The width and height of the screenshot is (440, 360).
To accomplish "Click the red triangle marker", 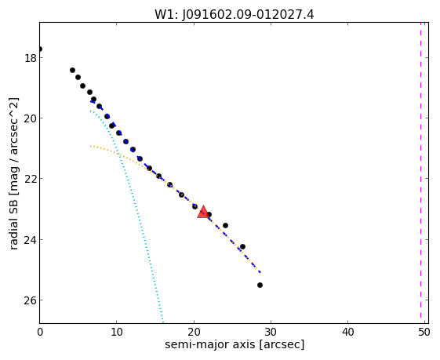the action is pos(203,212).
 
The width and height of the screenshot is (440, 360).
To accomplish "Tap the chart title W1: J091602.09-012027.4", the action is pos(235,14).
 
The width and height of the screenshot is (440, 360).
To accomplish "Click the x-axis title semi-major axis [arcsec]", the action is pos(235,344).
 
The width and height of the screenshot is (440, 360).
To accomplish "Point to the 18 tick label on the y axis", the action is pos(31,58).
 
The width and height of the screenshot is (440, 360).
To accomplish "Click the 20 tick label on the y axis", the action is pos(31,118).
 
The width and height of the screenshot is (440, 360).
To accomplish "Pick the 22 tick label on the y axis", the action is pos(31,179).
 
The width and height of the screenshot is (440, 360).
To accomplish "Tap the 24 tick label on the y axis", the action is pos(31,240).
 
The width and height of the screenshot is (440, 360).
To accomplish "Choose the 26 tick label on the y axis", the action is pos(31,300).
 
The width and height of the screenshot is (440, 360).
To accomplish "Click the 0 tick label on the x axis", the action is pos(40,333).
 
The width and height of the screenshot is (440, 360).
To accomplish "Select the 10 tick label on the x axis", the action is pos(116,333).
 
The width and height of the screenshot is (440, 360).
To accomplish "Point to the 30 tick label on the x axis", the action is pos(271,333).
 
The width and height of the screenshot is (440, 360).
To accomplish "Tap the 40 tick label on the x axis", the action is pos(347,333).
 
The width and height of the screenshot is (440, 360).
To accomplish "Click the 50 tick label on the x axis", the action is pos(424,333).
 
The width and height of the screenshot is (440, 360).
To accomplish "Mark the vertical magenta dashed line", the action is pos(420,170).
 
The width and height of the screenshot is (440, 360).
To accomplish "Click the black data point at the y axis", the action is pos(39,49).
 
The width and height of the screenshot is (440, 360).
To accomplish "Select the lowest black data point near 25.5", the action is pos(260,285).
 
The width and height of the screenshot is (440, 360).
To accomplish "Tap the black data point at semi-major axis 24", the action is pos(225,225).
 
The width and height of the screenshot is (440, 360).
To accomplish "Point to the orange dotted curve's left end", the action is pos(90,146).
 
